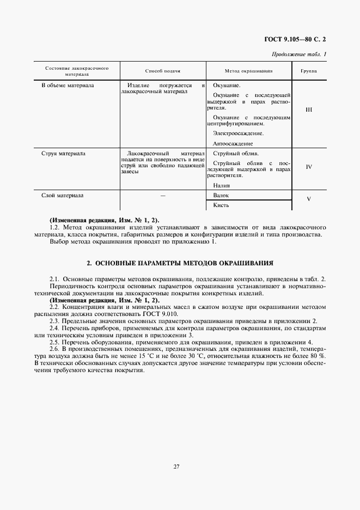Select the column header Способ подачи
pyautogui.click(x=163, y=71)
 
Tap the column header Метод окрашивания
pyautogui.click(x=249, y=71)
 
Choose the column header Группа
pyautogui.click(x=309, y=71)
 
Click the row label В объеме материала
pyautogui.click(x=68, y=86)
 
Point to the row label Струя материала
pyautogui.click(x=64, y=154)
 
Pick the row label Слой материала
pyautogui.click(x=63, y=195)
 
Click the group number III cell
pyautogui.click(x=309, y=110)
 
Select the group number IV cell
pyautogui.click(x=309, y=167)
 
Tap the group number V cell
pyautogui.click(x=309, y=199)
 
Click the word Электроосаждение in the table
pyautogui.click(x=239, y=133)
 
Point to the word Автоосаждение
pyautogui.click(x=233, y=143)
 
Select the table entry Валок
pyautogui.click(x=222, y=195)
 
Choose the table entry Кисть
pyautogui.click(x=222, y=205)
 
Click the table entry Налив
pyautogui.click(x=222, y=185)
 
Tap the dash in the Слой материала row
pyautogui.click(x=163, y=195)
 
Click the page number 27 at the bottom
pyautogui.click(x=177, y=466)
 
